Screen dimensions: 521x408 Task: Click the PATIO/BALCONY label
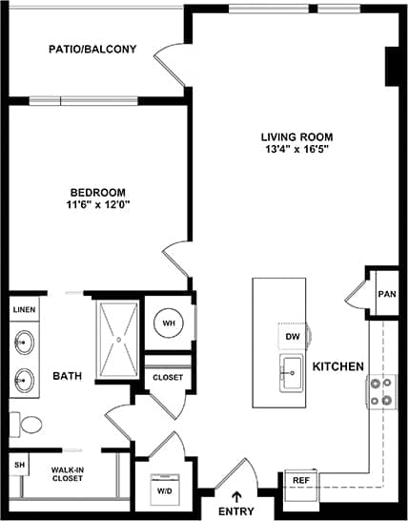click(92, 49)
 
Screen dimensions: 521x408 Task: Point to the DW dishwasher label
click(293, 336)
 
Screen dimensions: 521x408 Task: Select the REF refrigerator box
click(300, 480)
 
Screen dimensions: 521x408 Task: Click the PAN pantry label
click(386, 295)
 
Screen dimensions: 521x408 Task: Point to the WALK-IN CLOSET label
click(68, 474)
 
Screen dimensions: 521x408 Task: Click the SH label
click(19, 466)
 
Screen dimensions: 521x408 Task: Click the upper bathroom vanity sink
click(24, 342)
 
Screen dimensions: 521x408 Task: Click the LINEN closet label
click(23, 310)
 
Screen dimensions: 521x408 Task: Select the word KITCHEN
click(337, 366)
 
